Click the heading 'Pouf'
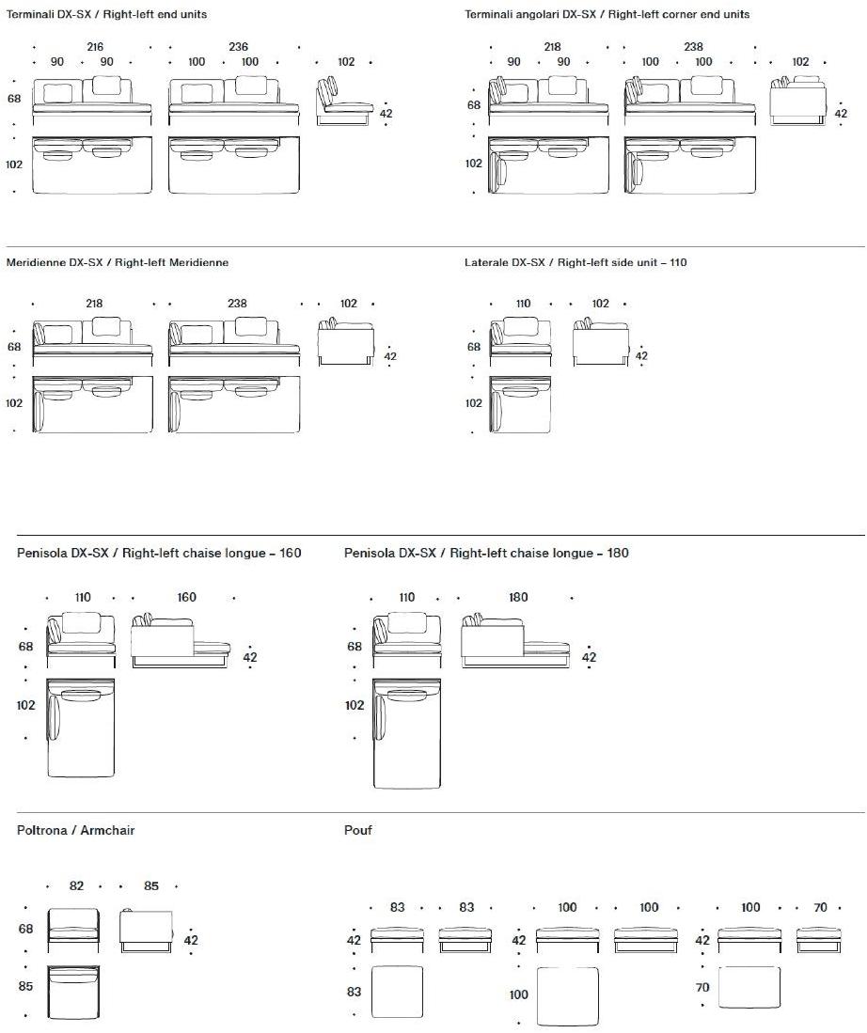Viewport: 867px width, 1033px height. tap(358, 830)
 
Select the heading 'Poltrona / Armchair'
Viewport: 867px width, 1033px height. tap(76, 830)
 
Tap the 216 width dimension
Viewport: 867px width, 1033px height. tap(95, 47)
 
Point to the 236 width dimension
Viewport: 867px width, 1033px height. tap(238, 47)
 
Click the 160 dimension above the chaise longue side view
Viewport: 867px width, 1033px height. tap(186, 597)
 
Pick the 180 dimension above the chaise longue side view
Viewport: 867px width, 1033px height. tap(518, 597)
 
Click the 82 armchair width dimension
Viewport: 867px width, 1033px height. tap(77, 885)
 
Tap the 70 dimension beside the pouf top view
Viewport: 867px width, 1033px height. tap(703, 988)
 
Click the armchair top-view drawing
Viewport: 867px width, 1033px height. tap(73, 992)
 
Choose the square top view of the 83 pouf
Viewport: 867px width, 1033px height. tap(398, 992)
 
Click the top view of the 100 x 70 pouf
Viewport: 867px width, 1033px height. tap(749, 988)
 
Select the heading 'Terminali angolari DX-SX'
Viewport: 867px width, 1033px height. tap(607, 15)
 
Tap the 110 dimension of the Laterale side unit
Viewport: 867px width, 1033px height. tap(524, 304)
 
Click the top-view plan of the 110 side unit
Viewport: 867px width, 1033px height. tap(523, 405)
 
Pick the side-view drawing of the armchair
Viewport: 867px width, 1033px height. tap(147, 928)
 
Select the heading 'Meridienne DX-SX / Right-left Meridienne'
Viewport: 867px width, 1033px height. tap(118, 263)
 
